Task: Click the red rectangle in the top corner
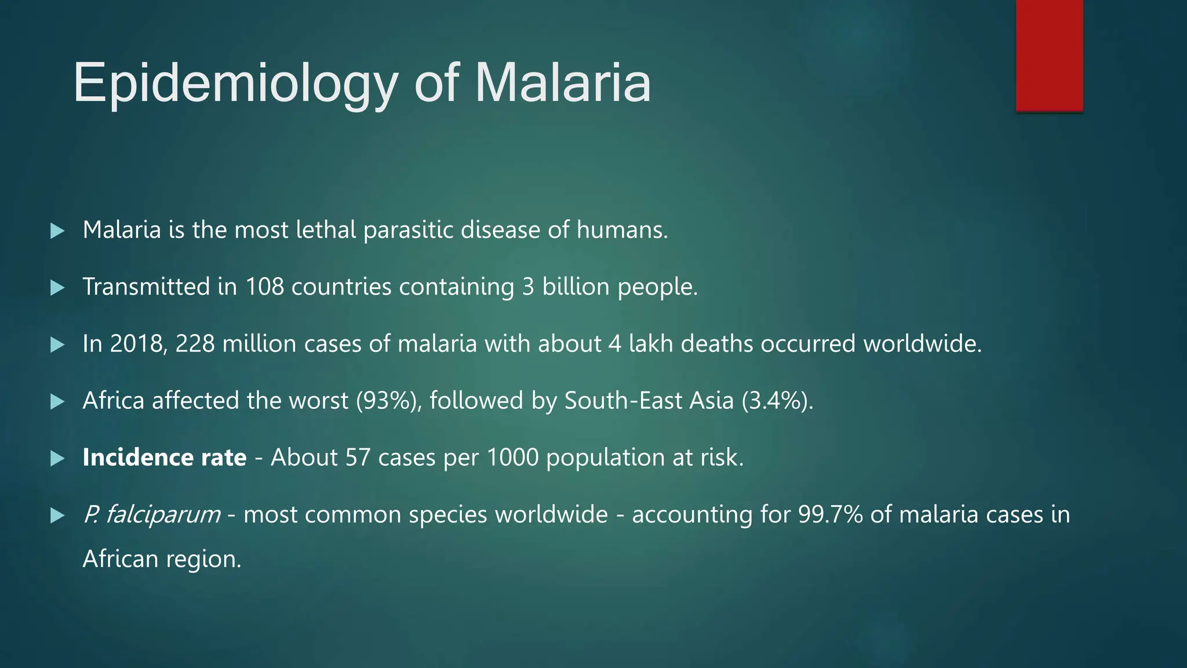pyautogui.click(x=1049, y=55)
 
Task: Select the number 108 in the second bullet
pyautogui.click(x=264, y=287)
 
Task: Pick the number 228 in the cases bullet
pyautogui.click(x=195, y=344)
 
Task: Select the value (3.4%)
pyautogui.click(x=777, y=401)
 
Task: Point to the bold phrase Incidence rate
pyautogui.click(x=165, y=458)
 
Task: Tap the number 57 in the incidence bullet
pyautogui.click(x=358, y=458)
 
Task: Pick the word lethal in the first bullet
pyautogui.click(x=326, y=230)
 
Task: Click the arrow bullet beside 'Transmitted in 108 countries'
pyautogui.click(x=57, y=288)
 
